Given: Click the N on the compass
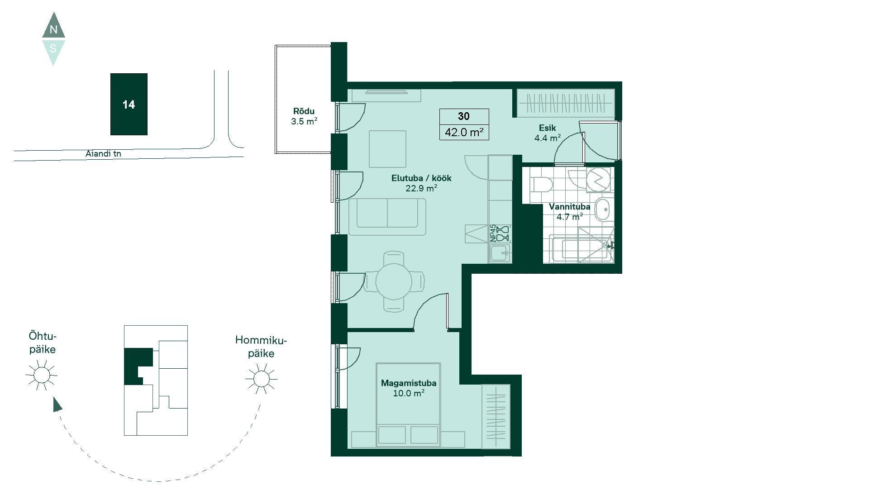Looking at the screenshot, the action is [53, 30].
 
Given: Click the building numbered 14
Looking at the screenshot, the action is [129, 104].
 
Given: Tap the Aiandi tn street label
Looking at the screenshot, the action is [103, 154].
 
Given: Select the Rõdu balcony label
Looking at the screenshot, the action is [304, 111].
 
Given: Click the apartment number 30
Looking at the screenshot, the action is [464, 116].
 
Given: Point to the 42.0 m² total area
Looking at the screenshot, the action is [464, 132].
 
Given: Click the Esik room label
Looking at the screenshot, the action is [547, 128].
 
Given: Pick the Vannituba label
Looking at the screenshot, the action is [569, 207].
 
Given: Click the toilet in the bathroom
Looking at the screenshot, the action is [542, 185].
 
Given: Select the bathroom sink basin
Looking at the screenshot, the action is [603, 209].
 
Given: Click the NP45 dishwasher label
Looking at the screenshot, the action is [493, 233].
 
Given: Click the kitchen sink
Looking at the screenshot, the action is [500, 253].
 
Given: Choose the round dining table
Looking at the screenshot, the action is [394, 281].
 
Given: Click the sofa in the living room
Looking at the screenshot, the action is [387, 217].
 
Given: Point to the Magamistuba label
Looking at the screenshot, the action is [409, 383].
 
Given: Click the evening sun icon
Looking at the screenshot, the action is [42, 375].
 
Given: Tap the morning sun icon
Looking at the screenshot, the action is [261, 378].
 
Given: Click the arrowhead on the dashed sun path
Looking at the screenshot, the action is [57, 404].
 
